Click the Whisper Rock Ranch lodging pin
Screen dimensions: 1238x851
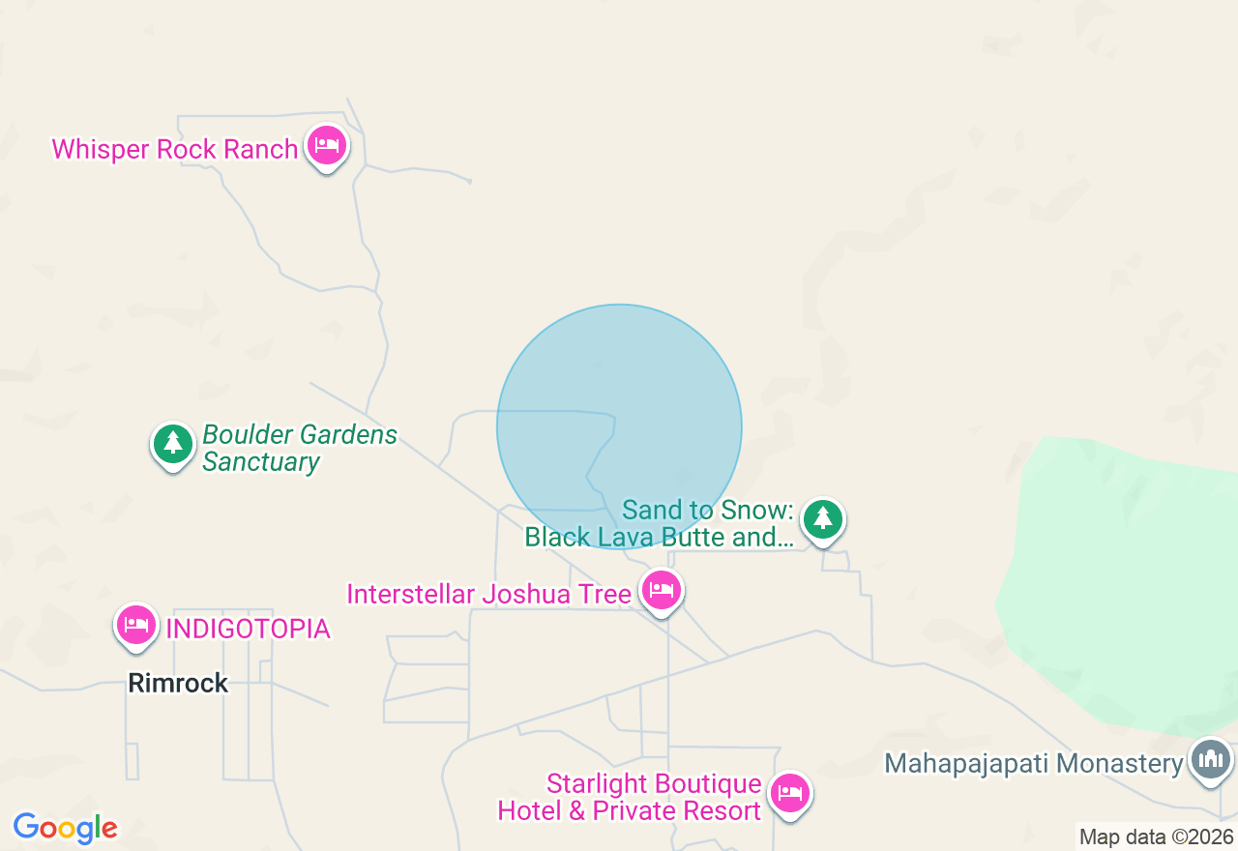(x=327, y=146)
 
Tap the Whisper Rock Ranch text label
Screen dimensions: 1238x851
(x=175, y=150)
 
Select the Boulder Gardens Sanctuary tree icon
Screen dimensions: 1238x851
(x=173, y=444)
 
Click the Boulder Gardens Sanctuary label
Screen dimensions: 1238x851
(x=299, y=448)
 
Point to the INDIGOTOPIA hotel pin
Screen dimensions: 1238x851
(x=136, y=625)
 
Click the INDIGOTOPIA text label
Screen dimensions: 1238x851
(x=248, y=630)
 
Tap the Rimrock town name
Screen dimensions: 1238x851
(x=178, y=684)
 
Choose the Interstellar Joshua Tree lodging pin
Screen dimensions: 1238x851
(x=661, y=590)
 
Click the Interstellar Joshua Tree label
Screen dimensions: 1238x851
(x=488, y=594)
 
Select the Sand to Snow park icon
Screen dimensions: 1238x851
(x=823, y=519)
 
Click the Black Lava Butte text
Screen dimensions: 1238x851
(x=659, y=537)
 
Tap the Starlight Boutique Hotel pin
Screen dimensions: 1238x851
(x=790, y=794)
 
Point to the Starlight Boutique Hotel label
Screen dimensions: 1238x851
(x=630, y=797)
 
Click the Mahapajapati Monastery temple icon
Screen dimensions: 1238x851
(x=1211, y=759)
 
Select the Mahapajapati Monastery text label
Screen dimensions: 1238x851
(x=1033, y=764)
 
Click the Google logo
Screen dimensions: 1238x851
(x=65, y=828)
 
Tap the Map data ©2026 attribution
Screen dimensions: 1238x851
(x=1156, y=837)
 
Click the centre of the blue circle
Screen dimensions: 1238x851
(x=619, y=426)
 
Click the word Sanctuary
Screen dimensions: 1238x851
(x=260, y=462)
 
